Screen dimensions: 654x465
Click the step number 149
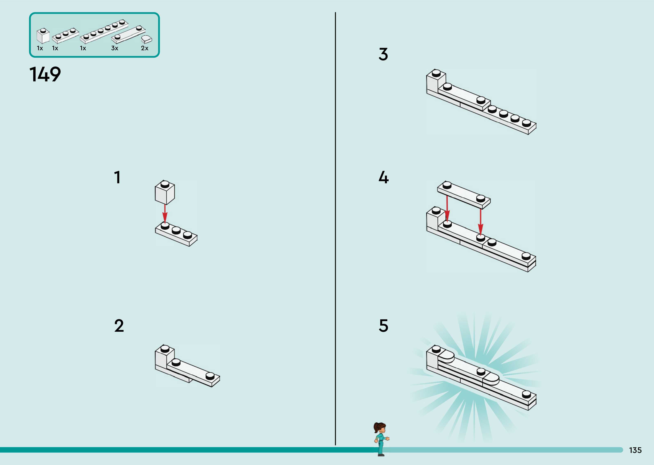tap(45, 74)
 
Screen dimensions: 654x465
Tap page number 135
tap(635, 450)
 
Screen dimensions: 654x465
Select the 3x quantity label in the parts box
tap(114, 48)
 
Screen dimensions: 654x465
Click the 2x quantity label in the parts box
tap(145, 48)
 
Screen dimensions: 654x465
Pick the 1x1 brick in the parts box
tap(43, 36)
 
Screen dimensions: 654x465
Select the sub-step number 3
tap(383, 54)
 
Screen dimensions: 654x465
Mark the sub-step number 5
tap(383, 326)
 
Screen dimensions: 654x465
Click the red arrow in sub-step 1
tap(165, 213)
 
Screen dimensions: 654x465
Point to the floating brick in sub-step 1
tap(165, 192)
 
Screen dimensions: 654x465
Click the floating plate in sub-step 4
tap(464, 195)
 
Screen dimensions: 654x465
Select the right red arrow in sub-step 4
tap(481, 222)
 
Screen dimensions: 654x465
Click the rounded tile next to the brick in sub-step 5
tap(446, 357)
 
